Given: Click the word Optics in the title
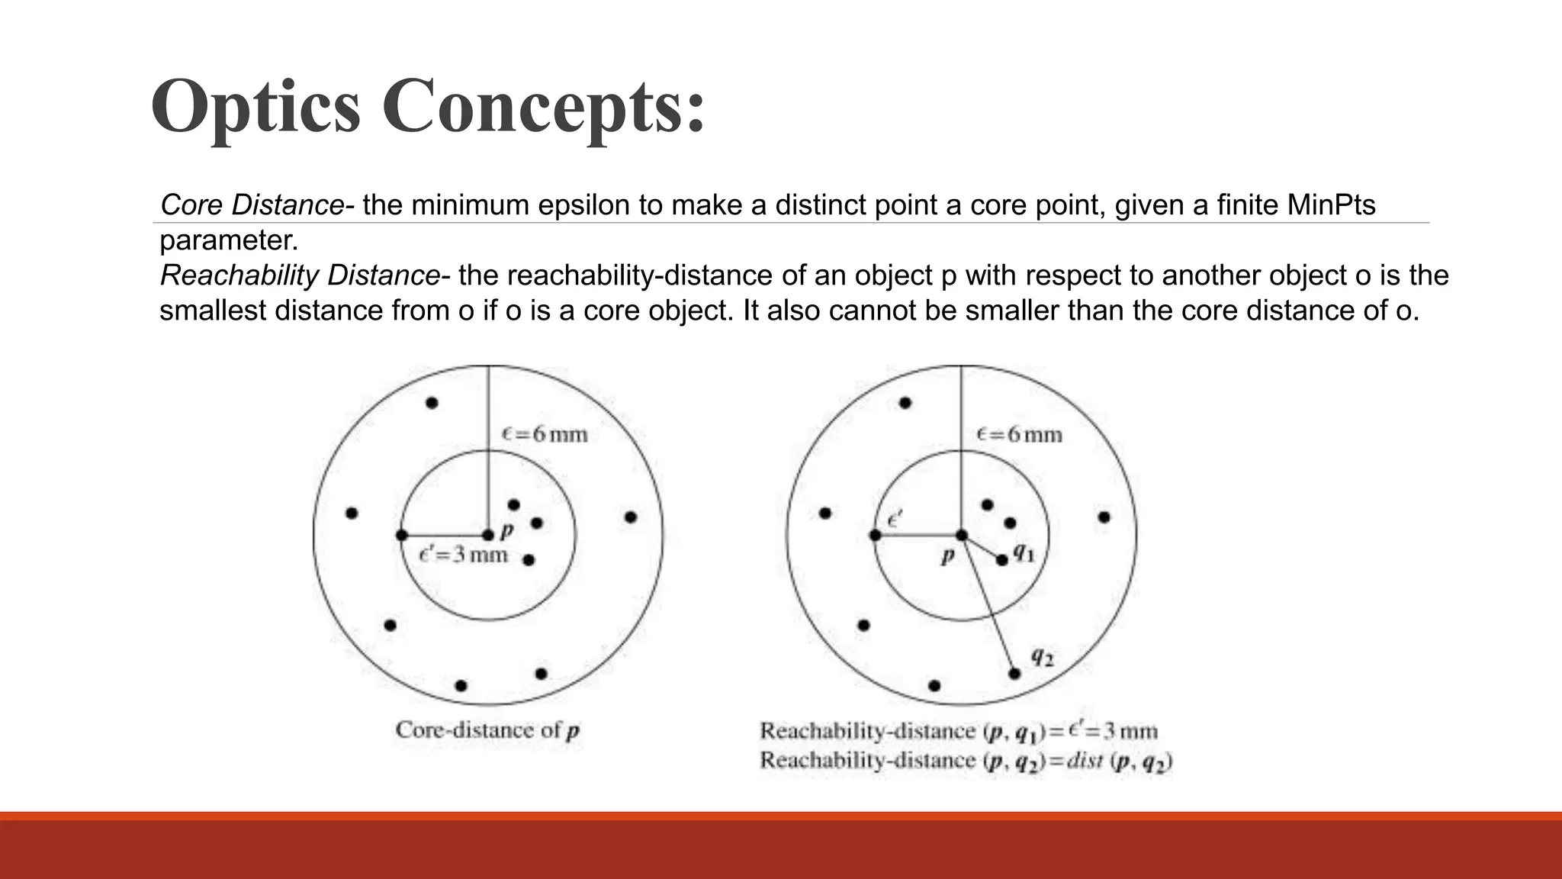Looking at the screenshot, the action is coord(256,107).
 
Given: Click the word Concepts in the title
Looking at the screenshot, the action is coord(543,107).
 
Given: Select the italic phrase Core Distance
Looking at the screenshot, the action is coord(252,205).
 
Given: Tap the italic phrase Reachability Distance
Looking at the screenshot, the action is coord(299,275).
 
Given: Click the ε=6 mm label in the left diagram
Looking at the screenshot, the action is coord(545,435).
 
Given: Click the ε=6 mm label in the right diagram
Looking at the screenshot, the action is coord(1019,435).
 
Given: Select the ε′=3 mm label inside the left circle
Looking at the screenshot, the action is coord(464,555).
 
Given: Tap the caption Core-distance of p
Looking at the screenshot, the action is coord(487,730).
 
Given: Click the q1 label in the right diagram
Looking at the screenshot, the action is coord(1024,552).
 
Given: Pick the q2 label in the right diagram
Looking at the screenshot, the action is coord(1042,655).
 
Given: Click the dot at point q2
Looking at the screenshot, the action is coord(1014,673).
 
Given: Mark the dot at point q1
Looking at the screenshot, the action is coord(1002,559).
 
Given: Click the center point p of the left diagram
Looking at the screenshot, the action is coord(488,536).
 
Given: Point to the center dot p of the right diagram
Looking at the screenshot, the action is coord(962,536).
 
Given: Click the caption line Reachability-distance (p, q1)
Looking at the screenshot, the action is coord(958,732).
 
